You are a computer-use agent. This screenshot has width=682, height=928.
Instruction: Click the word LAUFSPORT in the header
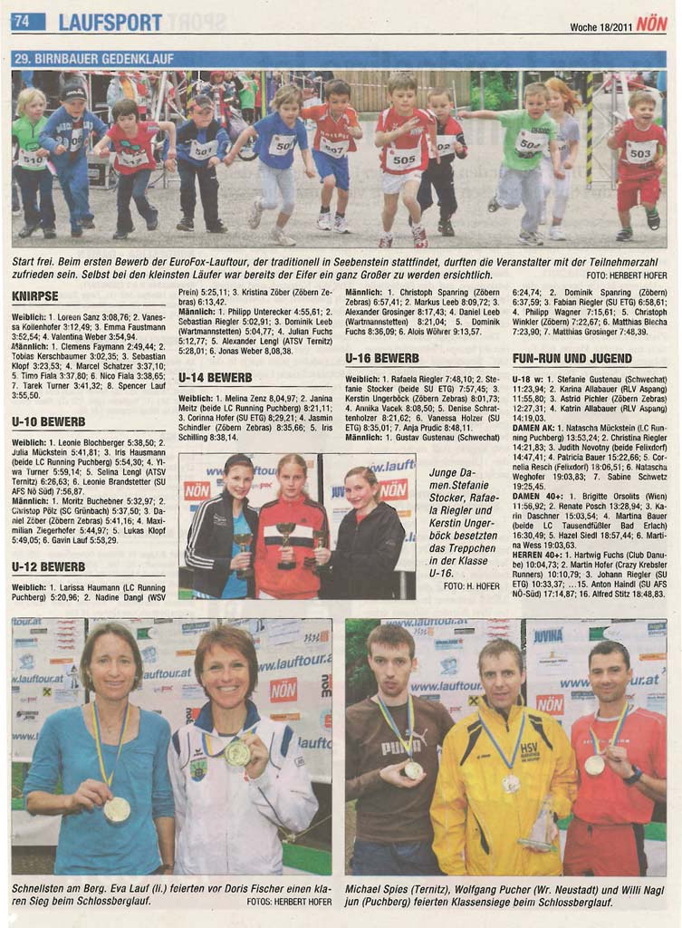(110, 22)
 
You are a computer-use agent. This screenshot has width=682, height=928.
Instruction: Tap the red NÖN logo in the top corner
(651, 23)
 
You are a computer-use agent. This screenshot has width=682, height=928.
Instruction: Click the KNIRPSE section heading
(35, 296)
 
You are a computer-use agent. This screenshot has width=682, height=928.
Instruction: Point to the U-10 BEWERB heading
(49, 421)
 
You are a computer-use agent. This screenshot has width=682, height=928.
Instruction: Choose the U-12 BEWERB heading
(49, 566)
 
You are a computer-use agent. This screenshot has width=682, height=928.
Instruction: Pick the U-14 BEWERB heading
(216, 377)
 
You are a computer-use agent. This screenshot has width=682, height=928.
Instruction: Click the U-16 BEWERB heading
(382, 358)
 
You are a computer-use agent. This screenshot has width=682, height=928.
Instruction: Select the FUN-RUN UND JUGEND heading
(572, 358)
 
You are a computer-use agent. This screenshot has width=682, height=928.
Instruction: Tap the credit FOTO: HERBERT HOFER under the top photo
(626, 275)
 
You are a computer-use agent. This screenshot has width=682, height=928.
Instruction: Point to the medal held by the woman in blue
(117, 807)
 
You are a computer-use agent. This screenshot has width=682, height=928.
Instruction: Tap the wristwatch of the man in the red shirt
(633, 776)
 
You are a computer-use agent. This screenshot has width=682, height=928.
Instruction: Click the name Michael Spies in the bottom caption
(379, 889)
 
